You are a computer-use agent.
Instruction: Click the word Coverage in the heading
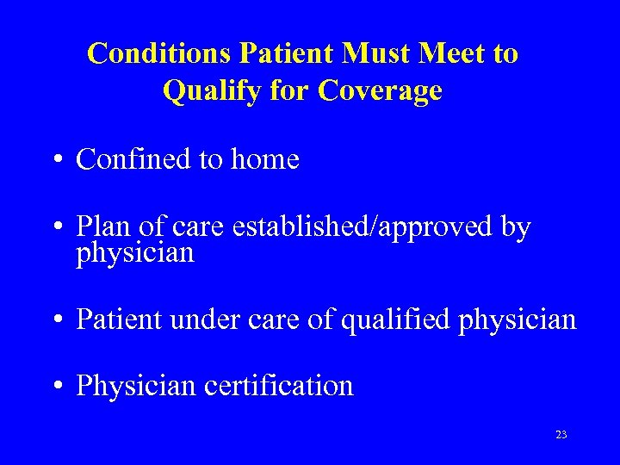[380, 90]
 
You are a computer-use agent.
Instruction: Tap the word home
[265, 159]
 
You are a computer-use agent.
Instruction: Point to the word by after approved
[516, 227]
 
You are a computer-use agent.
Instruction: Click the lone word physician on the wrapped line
[135, 253]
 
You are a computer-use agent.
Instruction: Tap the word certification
[279, 386]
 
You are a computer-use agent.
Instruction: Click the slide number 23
[561, 435]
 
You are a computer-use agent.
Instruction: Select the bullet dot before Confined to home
[58, 160]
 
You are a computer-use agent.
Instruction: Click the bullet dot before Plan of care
[58, 228]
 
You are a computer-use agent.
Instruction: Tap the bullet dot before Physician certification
[58, 387]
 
